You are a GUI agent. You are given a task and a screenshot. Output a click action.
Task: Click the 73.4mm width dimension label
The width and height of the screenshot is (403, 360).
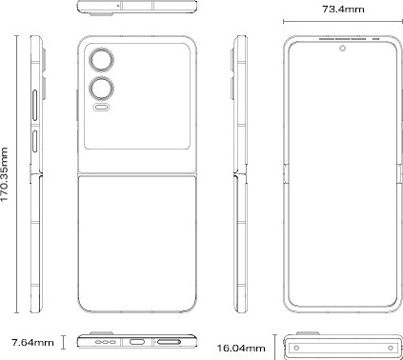[343, 9]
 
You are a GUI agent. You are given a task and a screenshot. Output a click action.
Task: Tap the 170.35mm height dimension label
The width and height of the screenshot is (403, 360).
[5, 174]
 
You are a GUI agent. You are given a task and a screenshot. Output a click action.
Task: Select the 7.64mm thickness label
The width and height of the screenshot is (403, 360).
[32, 343]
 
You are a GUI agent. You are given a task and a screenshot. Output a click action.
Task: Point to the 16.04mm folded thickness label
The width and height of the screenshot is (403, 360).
[241, 349]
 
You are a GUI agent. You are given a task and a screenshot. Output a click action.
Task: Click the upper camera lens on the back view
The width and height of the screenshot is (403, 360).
[101, 59]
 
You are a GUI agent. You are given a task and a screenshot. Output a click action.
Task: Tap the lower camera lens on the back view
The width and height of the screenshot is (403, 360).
[101, 88]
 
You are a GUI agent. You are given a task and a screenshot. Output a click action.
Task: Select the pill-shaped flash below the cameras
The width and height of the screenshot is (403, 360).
[102, 108]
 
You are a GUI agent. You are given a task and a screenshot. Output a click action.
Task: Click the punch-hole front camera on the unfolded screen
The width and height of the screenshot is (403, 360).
[343, 49]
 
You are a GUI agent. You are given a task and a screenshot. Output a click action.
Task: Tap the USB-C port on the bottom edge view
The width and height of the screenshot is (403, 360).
[137, 342]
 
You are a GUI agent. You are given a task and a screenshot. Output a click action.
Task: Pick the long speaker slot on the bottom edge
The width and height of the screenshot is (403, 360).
[169, 342]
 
